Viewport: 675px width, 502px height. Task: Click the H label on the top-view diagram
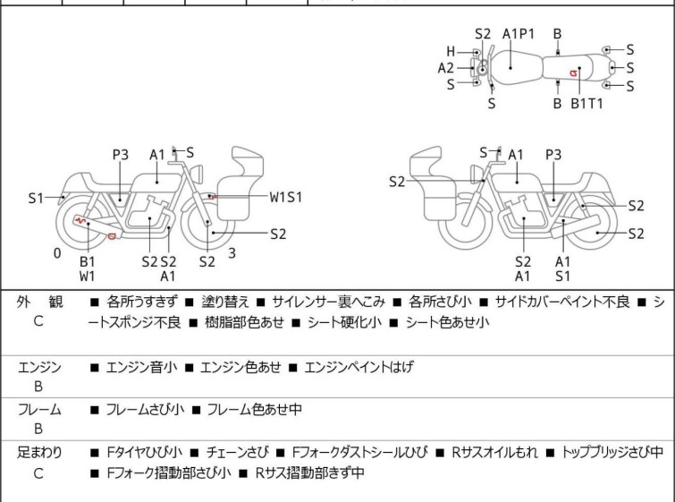451,52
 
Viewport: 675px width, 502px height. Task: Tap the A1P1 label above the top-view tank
519,34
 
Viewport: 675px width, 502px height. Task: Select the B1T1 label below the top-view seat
587,104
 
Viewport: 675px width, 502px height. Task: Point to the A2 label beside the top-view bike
446,68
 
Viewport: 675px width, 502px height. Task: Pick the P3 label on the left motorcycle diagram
121,155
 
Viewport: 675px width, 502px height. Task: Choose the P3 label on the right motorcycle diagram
553,155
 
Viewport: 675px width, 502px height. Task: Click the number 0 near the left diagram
57,253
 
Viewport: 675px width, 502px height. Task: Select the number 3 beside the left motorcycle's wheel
232,253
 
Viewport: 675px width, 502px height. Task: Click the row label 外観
38,302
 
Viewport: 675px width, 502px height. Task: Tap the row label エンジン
38,367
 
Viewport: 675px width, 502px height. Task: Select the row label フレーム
38,410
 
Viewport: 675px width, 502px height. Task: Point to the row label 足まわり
38,453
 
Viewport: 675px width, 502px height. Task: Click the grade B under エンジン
38,387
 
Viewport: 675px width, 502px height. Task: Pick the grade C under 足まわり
38,473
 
